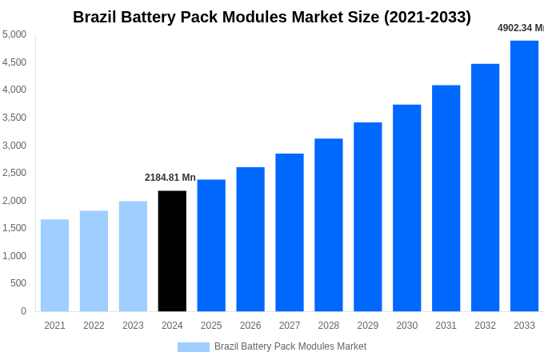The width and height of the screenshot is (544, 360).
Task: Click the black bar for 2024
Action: [172, 250]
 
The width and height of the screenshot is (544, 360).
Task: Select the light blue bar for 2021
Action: [54, 265]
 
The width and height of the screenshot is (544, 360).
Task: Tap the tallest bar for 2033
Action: [524, 176]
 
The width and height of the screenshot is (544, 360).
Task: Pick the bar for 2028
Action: [328, 225]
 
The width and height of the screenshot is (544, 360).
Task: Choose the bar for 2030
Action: [406, 208]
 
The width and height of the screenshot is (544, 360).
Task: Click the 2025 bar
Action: [211, 245]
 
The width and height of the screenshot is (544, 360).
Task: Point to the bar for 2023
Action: [133, 256]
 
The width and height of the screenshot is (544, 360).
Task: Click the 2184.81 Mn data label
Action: [170, 178]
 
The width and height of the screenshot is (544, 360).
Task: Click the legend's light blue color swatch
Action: [193, 347]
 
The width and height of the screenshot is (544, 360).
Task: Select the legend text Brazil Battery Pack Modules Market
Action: [290, 346]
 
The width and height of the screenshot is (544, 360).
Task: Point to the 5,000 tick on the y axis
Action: [14, 34]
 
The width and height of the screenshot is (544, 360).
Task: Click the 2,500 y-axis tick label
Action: [14, 173]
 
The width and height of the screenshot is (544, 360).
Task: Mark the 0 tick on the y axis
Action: [23, 311]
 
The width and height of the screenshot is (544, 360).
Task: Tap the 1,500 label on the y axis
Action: [14, 228]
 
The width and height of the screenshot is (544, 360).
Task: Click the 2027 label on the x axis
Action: [290, 326]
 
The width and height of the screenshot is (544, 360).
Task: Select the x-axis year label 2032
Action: [485, 326]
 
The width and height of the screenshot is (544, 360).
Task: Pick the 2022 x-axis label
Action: [94, 326]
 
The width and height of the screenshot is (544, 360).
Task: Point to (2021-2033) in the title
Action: [427, 17]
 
